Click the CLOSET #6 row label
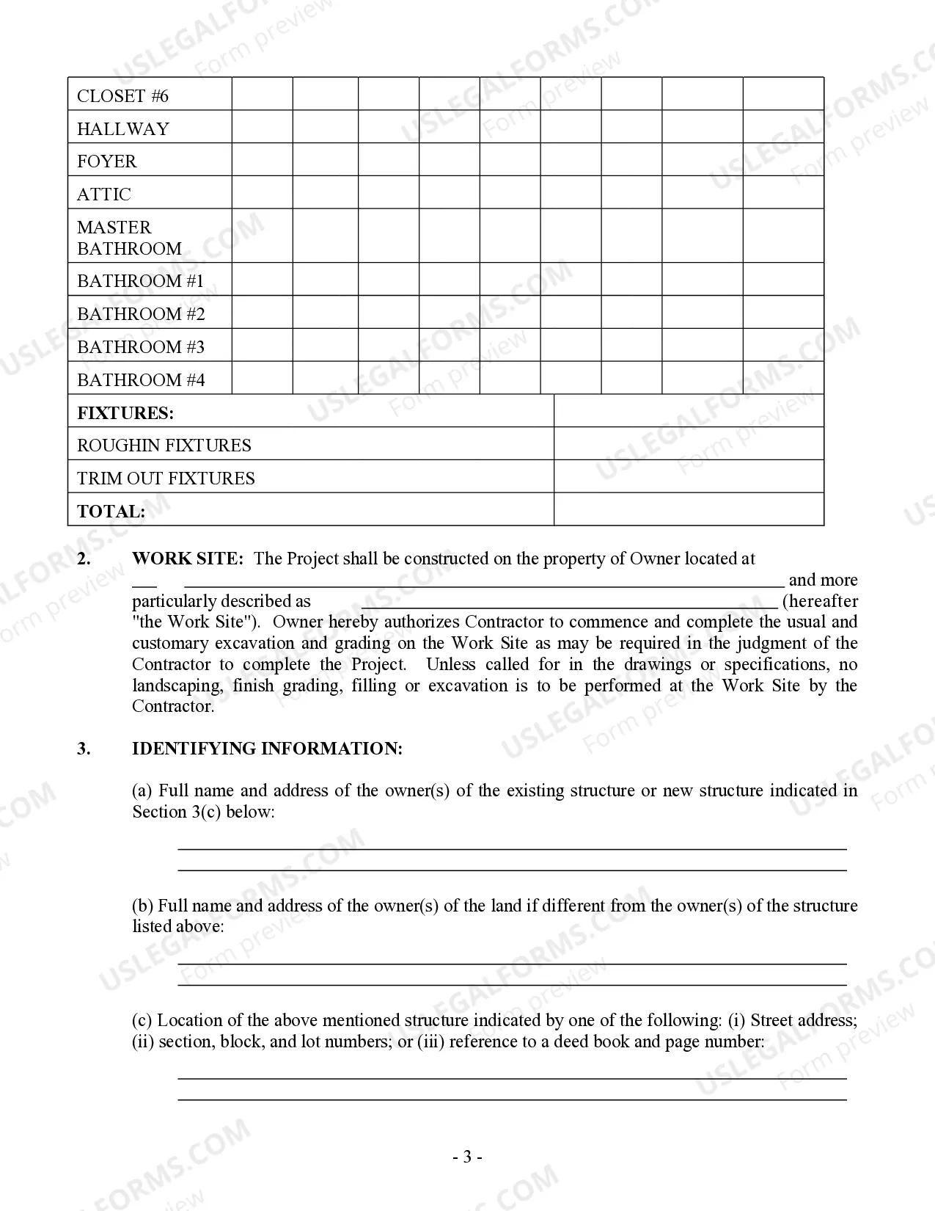point(122,96)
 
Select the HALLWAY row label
point(122,129)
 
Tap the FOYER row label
point(106,161)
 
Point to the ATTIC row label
point(104,194)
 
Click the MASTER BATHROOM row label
point(129,238)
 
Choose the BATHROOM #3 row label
point(141,347)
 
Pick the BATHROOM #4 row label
point(141,380)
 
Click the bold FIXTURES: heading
point(125,413)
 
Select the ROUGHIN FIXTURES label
point(164,446)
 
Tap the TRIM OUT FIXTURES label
point(166,479)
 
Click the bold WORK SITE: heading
point(187,559)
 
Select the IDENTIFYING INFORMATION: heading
point(267,749)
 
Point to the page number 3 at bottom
point(467,1157)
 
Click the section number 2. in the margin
point(84,559)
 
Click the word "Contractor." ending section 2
point(173,707)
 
